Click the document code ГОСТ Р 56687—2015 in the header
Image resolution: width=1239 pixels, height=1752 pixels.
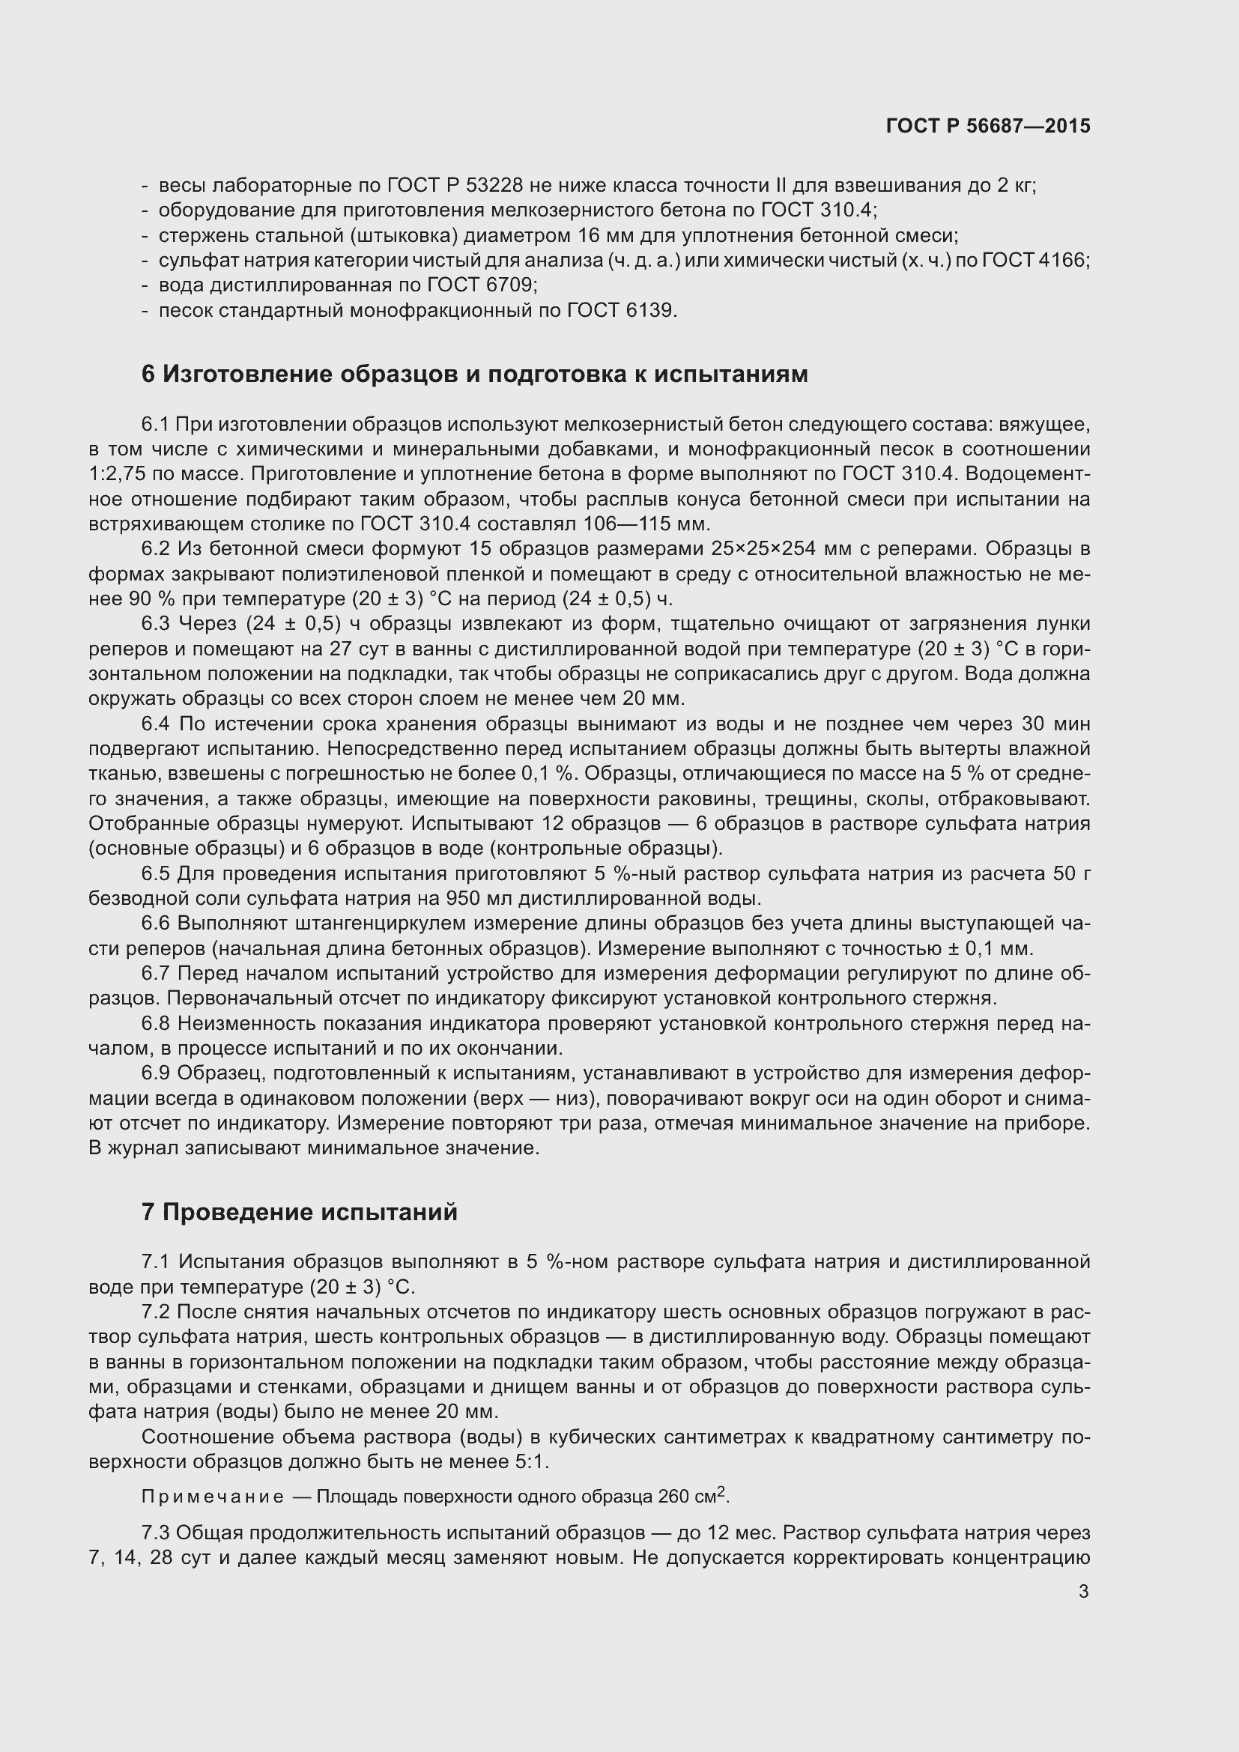tap(988, 126)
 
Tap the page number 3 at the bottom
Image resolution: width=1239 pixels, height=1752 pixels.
tap(1083, 1591)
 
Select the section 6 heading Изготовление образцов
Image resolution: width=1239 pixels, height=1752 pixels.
tap(473, 374)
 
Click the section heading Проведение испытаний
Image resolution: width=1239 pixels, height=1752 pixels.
tap(299, 1212)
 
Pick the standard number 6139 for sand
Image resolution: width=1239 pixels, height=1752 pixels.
tap(650, 311)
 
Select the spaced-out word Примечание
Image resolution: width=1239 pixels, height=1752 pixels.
tap(213, 1497)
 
